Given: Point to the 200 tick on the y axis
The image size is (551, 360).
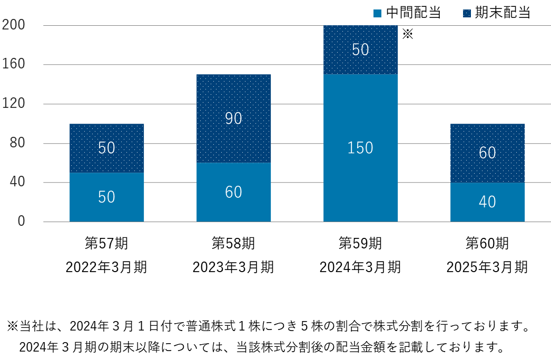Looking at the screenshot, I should click(14, 25).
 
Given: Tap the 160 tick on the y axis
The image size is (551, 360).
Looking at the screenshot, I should click(14, 65).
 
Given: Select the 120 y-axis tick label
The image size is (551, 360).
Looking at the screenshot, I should click(14, 104).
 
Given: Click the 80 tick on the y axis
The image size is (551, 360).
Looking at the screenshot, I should click(17, 143).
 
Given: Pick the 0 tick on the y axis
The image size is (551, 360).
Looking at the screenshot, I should click(21, 222).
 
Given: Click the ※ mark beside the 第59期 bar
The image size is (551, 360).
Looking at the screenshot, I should click(408, 35).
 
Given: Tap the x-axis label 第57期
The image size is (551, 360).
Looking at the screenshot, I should click(106, 244).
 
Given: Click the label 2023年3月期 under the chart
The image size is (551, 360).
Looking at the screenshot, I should click(233, 267).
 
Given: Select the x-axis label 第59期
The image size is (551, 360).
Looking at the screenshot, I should click(360, 244).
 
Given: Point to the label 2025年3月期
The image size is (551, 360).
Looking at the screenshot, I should click(487, 267).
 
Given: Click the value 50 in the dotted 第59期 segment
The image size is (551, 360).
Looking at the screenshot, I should click(360, 49).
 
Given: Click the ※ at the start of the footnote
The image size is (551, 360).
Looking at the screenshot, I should click(12, 326).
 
